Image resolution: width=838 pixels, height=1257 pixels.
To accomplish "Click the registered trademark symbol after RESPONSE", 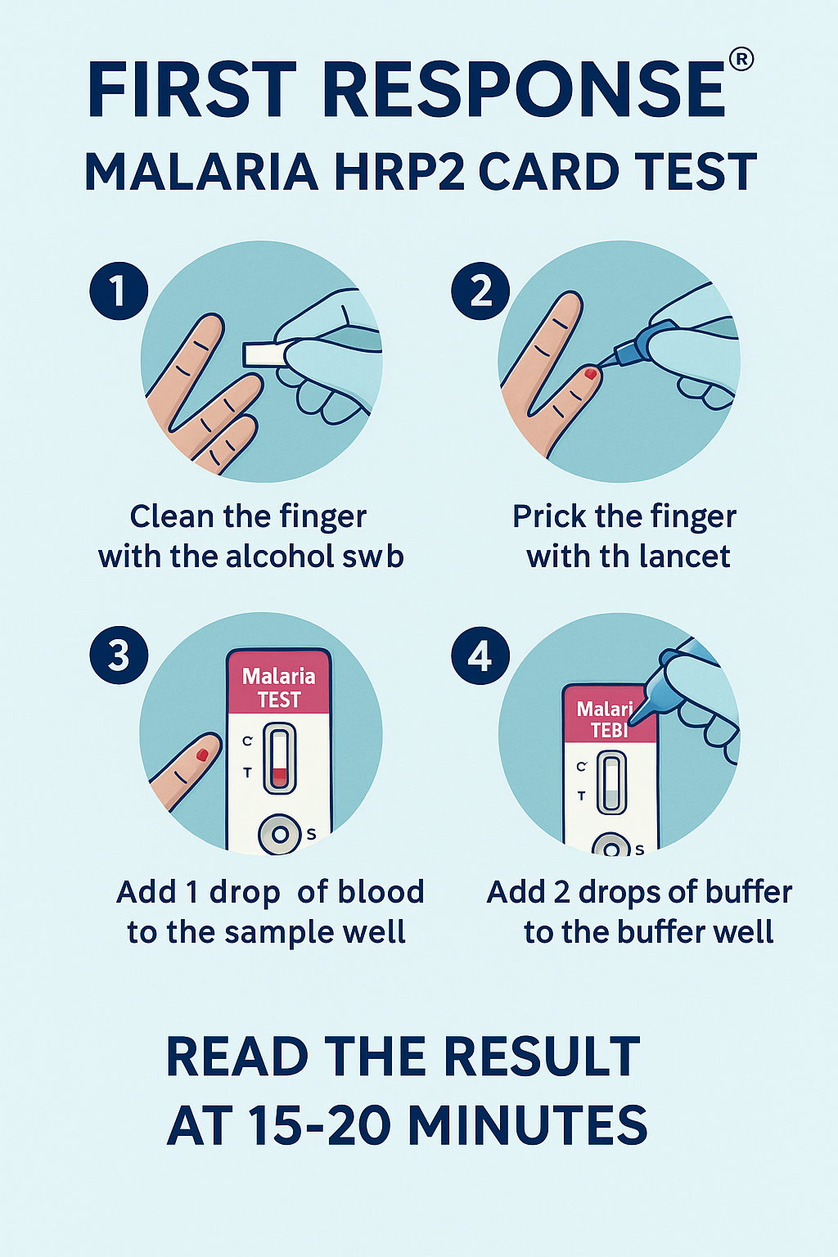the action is click(x=741, y=60).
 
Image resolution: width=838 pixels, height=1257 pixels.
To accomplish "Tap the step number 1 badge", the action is click(x=119, y=291).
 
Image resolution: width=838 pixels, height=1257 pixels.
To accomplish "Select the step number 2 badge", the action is click(x=480, y=291).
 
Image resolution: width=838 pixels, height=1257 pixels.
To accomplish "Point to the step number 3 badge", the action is click(x=119, y=655).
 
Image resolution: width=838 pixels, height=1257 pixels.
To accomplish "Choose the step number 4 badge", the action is click(x=480, y=655).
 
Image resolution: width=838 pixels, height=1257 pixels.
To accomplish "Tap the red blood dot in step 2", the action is click(x=591, y=374).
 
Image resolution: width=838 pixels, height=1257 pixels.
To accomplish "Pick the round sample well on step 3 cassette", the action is click(x=280, y=835).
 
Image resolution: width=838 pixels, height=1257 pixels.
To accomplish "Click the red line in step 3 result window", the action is click(x=280, y=774).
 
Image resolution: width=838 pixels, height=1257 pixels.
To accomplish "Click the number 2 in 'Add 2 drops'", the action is click(x=562, y=892).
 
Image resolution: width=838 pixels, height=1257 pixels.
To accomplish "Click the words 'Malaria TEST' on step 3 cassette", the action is click(x=279, y=688).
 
